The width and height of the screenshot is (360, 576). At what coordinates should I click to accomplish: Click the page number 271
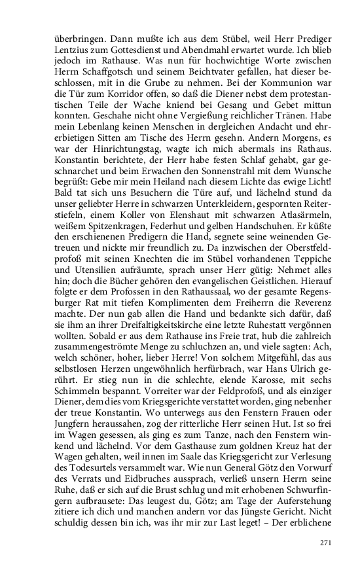coord(326,543)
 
